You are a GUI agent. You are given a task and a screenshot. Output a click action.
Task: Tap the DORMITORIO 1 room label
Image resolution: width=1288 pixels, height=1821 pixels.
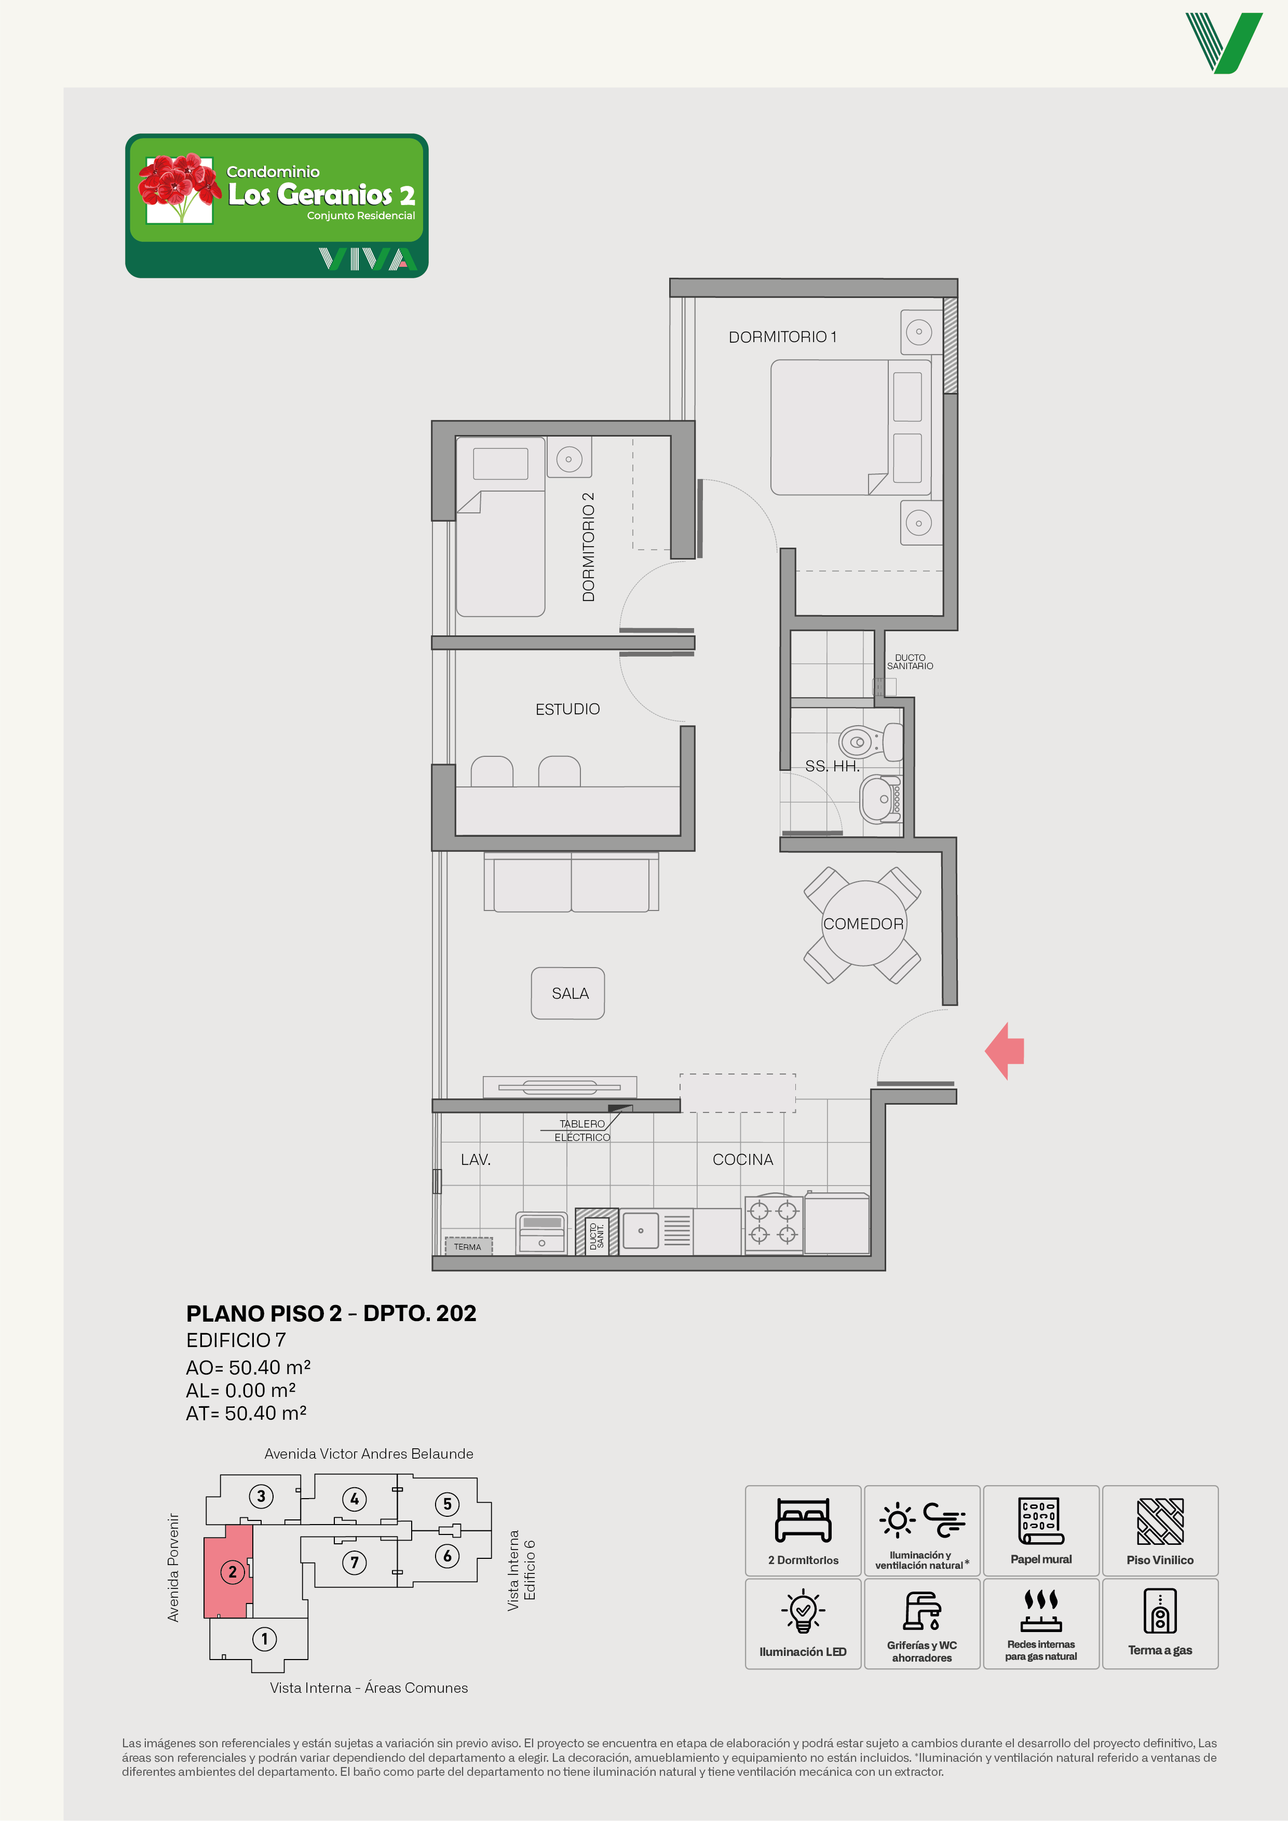782,337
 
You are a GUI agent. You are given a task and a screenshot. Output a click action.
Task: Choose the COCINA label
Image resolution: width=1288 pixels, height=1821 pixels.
742,1160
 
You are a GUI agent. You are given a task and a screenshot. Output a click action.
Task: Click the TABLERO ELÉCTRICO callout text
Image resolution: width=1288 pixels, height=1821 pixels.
582,1130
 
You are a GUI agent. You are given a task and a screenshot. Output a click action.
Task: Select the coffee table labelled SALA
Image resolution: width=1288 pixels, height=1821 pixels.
568,993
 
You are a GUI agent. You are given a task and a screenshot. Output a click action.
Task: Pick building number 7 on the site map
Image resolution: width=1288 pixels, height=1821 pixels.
355,1562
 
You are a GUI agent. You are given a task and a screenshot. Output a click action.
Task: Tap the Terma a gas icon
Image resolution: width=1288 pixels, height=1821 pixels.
1160,1611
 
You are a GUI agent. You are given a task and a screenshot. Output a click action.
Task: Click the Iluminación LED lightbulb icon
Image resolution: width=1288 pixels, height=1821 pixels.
803,1611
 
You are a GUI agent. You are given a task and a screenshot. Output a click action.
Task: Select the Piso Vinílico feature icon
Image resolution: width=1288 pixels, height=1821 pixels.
1160,1521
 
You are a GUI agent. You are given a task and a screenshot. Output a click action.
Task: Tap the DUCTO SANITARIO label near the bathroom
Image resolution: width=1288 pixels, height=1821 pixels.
910,661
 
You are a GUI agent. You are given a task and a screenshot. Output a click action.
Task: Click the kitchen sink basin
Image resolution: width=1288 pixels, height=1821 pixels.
641,1231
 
